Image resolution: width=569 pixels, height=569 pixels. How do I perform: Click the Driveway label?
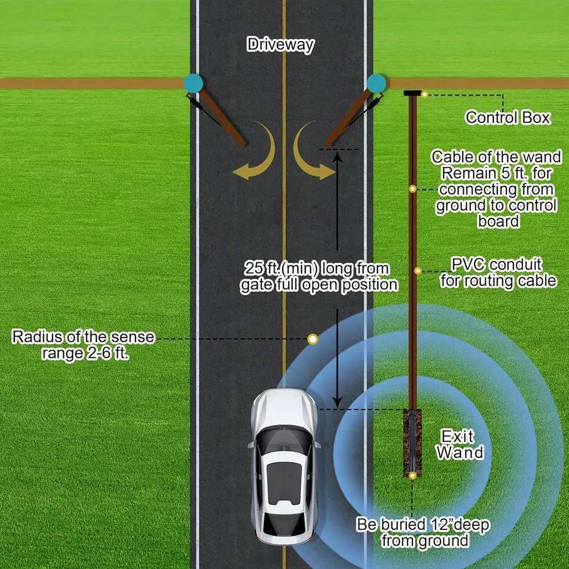pos(280,44)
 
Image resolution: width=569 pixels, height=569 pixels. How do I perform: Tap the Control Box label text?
pos(508,118)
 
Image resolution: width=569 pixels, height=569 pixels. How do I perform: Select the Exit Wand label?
pos(460,444)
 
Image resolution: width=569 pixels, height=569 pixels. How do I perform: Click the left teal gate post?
pos(193,84)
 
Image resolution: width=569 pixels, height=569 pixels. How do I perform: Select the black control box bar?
pos(413,93)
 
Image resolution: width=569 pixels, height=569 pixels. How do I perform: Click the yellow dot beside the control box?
pos(424,94)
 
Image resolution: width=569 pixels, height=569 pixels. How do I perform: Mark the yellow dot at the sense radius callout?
pos(312,339)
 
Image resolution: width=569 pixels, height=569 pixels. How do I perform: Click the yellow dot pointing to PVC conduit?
pos(418,271)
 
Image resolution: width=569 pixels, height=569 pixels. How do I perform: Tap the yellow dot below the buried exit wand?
pos(412,475)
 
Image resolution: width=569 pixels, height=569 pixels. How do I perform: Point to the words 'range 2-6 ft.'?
pos(85,353)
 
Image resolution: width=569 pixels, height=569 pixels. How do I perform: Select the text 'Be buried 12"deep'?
pos(423,525)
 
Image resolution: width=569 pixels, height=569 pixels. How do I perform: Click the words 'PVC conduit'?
pos(496,264)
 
